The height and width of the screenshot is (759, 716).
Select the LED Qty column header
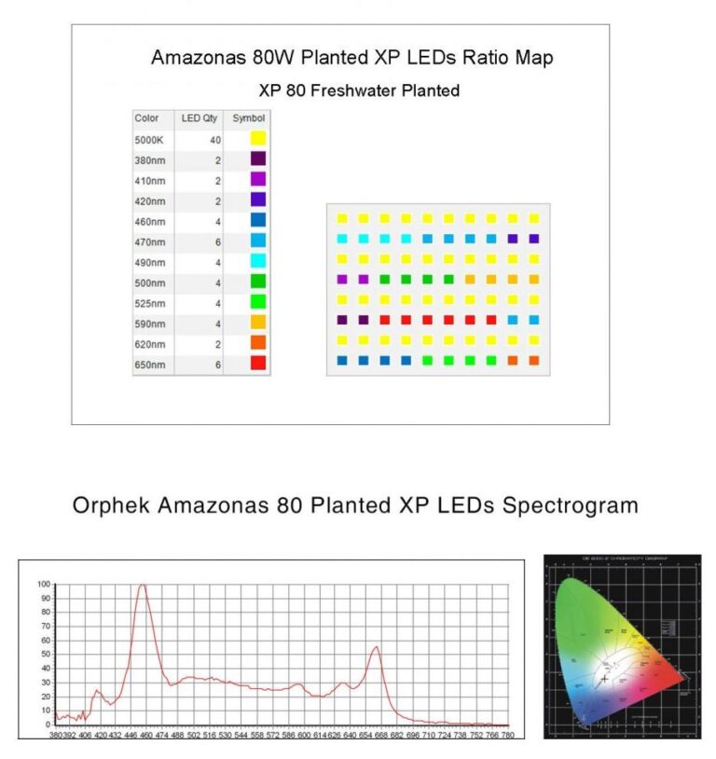click(x=198, y=118)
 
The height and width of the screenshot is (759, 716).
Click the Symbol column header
click(x=248, y=118)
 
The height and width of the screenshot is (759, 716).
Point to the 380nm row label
click(x=150, y=160)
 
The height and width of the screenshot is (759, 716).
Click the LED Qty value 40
click(x=214, y=140)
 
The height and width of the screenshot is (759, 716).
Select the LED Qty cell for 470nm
click(x=216, y=241)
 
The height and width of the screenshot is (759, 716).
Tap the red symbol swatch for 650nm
click(x=258, y=364)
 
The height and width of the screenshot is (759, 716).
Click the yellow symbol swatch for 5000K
click(x=258, y=139)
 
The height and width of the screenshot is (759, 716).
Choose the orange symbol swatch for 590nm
click(x=258, y=323)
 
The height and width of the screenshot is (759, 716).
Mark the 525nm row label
click(x=150, y=303)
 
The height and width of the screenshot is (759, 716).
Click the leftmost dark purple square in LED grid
click(x=341, y=320)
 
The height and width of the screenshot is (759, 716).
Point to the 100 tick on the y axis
click(x=43, y=585)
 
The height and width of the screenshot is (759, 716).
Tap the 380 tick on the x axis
click(x=57, y=735)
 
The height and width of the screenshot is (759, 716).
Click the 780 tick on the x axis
click(x=507, y=735)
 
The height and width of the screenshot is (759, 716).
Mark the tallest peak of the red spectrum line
click(x=143, y=586)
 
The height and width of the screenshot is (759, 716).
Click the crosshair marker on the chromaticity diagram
click(x=605, y=679)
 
